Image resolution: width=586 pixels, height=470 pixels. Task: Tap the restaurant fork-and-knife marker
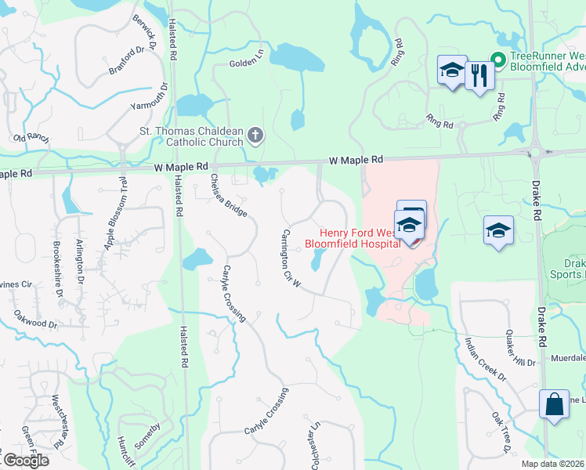479,76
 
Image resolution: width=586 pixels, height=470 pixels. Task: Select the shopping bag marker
554,404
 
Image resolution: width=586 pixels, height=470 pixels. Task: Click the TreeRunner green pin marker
497,58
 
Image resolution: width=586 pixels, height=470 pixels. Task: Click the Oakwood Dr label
36,318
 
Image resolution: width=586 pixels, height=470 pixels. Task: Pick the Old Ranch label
31,138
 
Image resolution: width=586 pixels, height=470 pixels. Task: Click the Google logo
26,460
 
